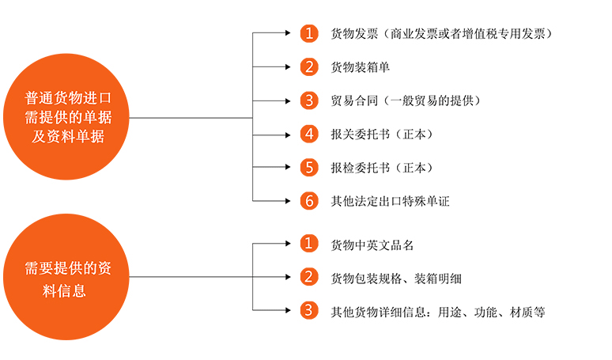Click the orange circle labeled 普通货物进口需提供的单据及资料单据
tap(66, 117)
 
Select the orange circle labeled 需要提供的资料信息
tap(66, 277)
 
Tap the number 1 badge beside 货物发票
tap(309, 33)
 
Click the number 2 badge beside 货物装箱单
tap(309, 66)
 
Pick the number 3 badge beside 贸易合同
tap(309, 100)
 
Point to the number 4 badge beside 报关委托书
tap(309, 135)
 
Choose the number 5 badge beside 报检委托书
tap(309, 168)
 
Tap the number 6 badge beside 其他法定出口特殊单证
tap(309, 201)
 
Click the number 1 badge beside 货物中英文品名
tap(309, 243)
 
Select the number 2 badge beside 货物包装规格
tap(309, 277)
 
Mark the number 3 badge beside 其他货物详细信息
tap(309, 310)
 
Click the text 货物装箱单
tap(361, 67)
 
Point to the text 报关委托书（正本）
tap(383, 135)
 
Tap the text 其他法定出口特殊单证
tap(391, 202)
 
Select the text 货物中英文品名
tap(372, 245)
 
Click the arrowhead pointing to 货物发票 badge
tap(288, 33)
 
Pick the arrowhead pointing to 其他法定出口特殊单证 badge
tap(288, 201)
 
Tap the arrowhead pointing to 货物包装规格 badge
tap(288, 277)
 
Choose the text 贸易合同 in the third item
tap(354, 100)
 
